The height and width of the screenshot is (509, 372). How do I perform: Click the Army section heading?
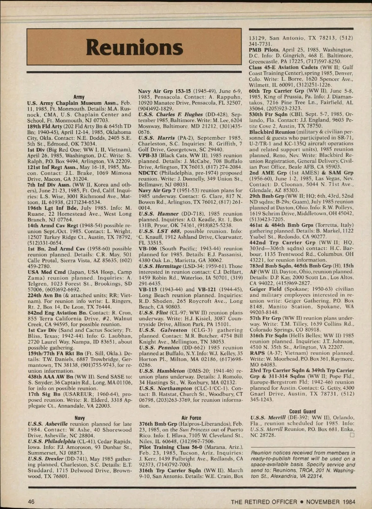(79, 97)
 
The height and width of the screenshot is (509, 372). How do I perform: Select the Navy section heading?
(80, 418)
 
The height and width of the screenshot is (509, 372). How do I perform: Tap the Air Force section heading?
(191, 418)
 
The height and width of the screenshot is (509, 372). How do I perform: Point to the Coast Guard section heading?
(302, 412)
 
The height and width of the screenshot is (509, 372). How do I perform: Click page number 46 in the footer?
(31, 502)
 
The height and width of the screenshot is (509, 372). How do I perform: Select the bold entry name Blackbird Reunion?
(272, 132)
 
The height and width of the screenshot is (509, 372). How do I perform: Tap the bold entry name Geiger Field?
(265, 289)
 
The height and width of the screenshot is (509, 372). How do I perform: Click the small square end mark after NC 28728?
(352, 435)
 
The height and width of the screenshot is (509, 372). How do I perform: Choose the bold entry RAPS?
(257, 353)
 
